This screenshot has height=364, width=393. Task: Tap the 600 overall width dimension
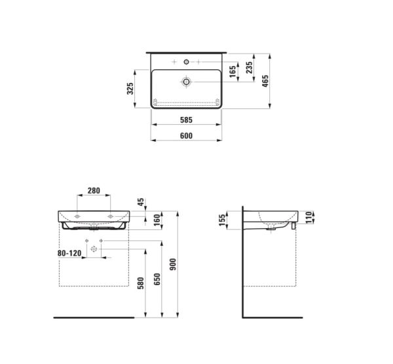[185, 135]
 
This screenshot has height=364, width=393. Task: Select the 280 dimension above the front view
[94, 191]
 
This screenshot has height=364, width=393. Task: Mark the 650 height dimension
[157, 280]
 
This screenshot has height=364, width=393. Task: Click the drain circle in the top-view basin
[187, 82]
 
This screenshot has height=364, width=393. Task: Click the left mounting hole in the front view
[77, 215]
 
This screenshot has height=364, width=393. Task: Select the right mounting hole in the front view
[110, 215]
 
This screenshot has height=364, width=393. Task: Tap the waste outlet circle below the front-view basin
[94, 249]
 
